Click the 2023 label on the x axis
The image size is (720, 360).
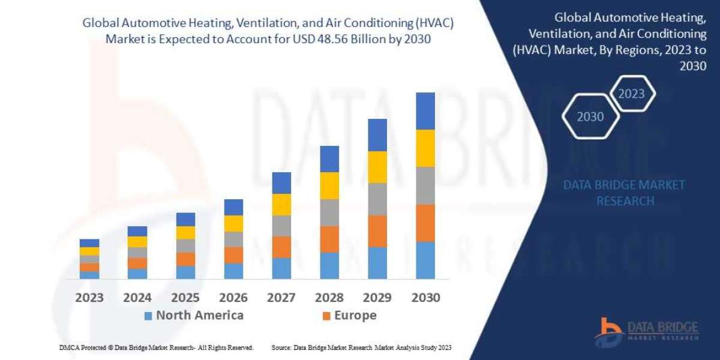click(x=89, y=298)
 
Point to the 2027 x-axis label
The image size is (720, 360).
click(x=281, y=298)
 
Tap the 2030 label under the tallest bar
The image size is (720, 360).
click(x=425, y=298)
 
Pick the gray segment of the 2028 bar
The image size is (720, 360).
click(x=329, y=212)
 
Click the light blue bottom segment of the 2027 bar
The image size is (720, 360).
click(x=281, y=268)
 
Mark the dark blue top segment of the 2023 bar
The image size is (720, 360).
click(x=89, y=243)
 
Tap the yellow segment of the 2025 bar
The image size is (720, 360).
click(x=185, y=233)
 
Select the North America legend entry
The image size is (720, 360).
click(x=193, y=316)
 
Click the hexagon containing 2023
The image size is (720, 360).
click(x=631, y=94)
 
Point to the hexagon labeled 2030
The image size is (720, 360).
click(x=590, y=117)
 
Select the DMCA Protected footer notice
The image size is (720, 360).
click(x=157, y=347)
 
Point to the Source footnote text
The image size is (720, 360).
click(x=361, y=347)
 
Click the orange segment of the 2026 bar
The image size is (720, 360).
click(x=233, y=255)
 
